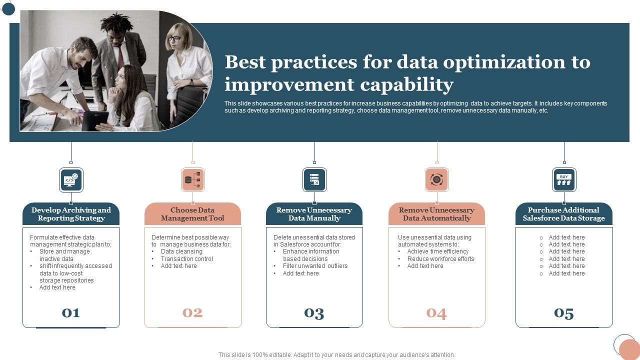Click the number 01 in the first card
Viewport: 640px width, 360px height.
pyautogui.click(x=71, y=313)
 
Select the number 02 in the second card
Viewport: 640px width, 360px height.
pyautogui.click(x=192, y=313)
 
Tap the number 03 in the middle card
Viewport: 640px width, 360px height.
pyautogui.click(x=314, y=313)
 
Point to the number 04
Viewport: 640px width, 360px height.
pyautogui.click(x=436, y=313)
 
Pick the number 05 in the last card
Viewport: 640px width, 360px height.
pyautogui.click(x=564, y=313)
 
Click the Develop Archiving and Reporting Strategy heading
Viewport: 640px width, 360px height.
pyautogui.click(x=71, y=214)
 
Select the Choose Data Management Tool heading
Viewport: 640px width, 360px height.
pyautogui.click(x=192, y=214)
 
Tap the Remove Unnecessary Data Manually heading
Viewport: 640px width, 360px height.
pyautogui.click(x=314, y=214)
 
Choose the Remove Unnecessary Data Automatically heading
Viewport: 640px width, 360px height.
pyautogui.click(x=436, y=214)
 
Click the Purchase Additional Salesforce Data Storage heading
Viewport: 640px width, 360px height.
pyautogui.click(x=564, y=214)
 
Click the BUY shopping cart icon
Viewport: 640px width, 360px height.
pyautogui.click(x=564, y=180)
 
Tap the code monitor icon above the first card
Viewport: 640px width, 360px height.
pyautogui.click(x=71, y=180)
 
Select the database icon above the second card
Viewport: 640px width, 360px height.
pyautogui.click(x=192, y=180)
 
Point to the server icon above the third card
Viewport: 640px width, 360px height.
pyautogui.click(x=314, y=180)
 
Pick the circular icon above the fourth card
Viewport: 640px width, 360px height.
pyautogui.click(x=436, y=180)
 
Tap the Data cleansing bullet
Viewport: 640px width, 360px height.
pyautogui.click(x=181, y=251)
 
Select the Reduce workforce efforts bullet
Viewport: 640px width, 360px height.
pyautogui.click(x=440, y=259)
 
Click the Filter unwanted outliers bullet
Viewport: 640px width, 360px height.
pyautogui.click(x=315, y=266)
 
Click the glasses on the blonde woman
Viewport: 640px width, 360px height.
pyautogui.click(x=174, y=39)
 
